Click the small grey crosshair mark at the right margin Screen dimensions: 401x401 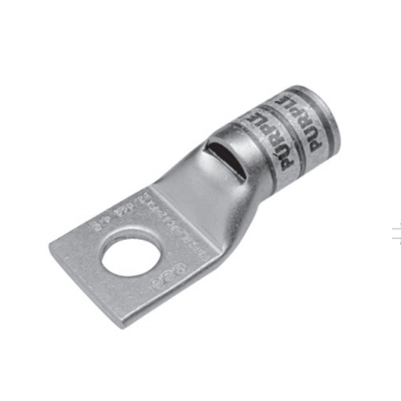395,234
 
